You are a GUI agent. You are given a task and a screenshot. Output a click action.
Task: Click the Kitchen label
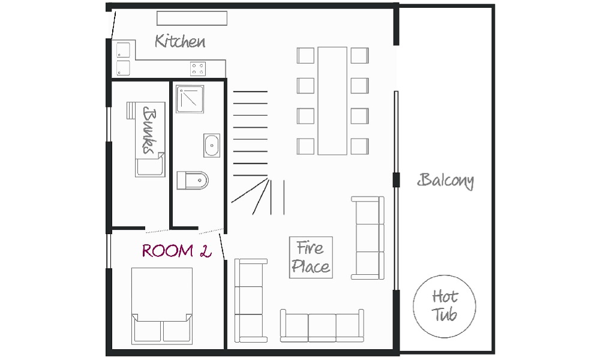(x=180, y=41)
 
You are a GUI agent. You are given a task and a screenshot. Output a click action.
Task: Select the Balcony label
(x=445, y=181)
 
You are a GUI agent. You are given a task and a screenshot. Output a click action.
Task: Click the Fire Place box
(x=311, y=257)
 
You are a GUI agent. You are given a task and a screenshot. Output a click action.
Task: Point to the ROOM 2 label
(x=176, y=251)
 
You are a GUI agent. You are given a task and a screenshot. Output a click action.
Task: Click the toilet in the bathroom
(x=193, y=180)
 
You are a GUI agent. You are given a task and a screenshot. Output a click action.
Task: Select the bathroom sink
(x=212, y=145)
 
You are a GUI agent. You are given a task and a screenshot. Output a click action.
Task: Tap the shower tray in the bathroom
(x=190, y=99)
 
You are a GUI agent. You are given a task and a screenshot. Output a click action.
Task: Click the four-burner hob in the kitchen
(x=198, y=69)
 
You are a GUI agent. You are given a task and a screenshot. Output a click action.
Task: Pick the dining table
(x=332, y=101)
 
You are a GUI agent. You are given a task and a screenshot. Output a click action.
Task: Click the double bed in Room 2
(x=162, y=305)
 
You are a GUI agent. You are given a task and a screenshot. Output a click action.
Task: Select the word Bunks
(x=150, y=130)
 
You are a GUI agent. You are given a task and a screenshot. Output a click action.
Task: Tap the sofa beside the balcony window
(x=368, y=238)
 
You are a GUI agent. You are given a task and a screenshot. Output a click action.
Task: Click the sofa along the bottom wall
(x=322, y=326)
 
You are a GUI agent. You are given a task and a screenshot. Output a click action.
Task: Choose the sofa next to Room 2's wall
(x=251, y=301)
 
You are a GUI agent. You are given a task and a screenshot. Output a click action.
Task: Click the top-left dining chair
(x=305, y=55)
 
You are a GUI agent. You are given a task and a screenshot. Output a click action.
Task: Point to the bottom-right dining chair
(x=359, y=146)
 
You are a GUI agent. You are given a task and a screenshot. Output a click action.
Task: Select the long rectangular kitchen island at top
(x=192, y=18)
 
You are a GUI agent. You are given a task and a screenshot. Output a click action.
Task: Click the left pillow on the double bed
(x=148, y=331)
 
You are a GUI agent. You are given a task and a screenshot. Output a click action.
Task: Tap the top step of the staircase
(x=250, y=92)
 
